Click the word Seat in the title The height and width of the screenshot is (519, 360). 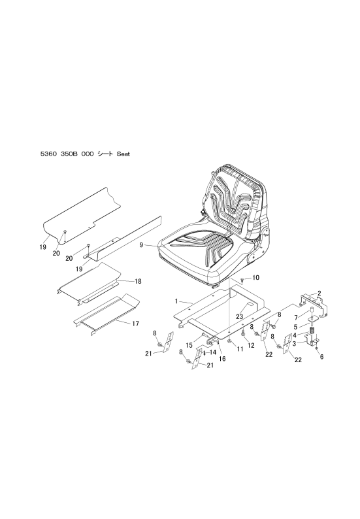point(123,154)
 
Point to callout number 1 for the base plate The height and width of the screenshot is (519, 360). point(176,301)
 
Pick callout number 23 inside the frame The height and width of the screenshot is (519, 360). point(240,317)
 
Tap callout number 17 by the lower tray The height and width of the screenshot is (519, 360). point(135,324)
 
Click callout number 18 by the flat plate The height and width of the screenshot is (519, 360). point(138,281)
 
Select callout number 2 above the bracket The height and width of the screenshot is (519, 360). point(319,293)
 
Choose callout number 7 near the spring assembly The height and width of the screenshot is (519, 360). point(296,318)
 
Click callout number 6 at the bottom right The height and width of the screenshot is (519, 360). point(321,357)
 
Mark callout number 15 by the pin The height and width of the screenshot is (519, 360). point(189,345)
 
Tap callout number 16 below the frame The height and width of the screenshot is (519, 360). point(222,358)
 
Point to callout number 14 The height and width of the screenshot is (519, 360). point(213,352)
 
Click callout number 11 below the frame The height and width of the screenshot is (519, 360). point(240,349)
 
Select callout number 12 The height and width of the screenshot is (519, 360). point(251,345)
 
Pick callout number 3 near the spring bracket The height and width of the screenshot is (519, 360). point(295,343)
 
